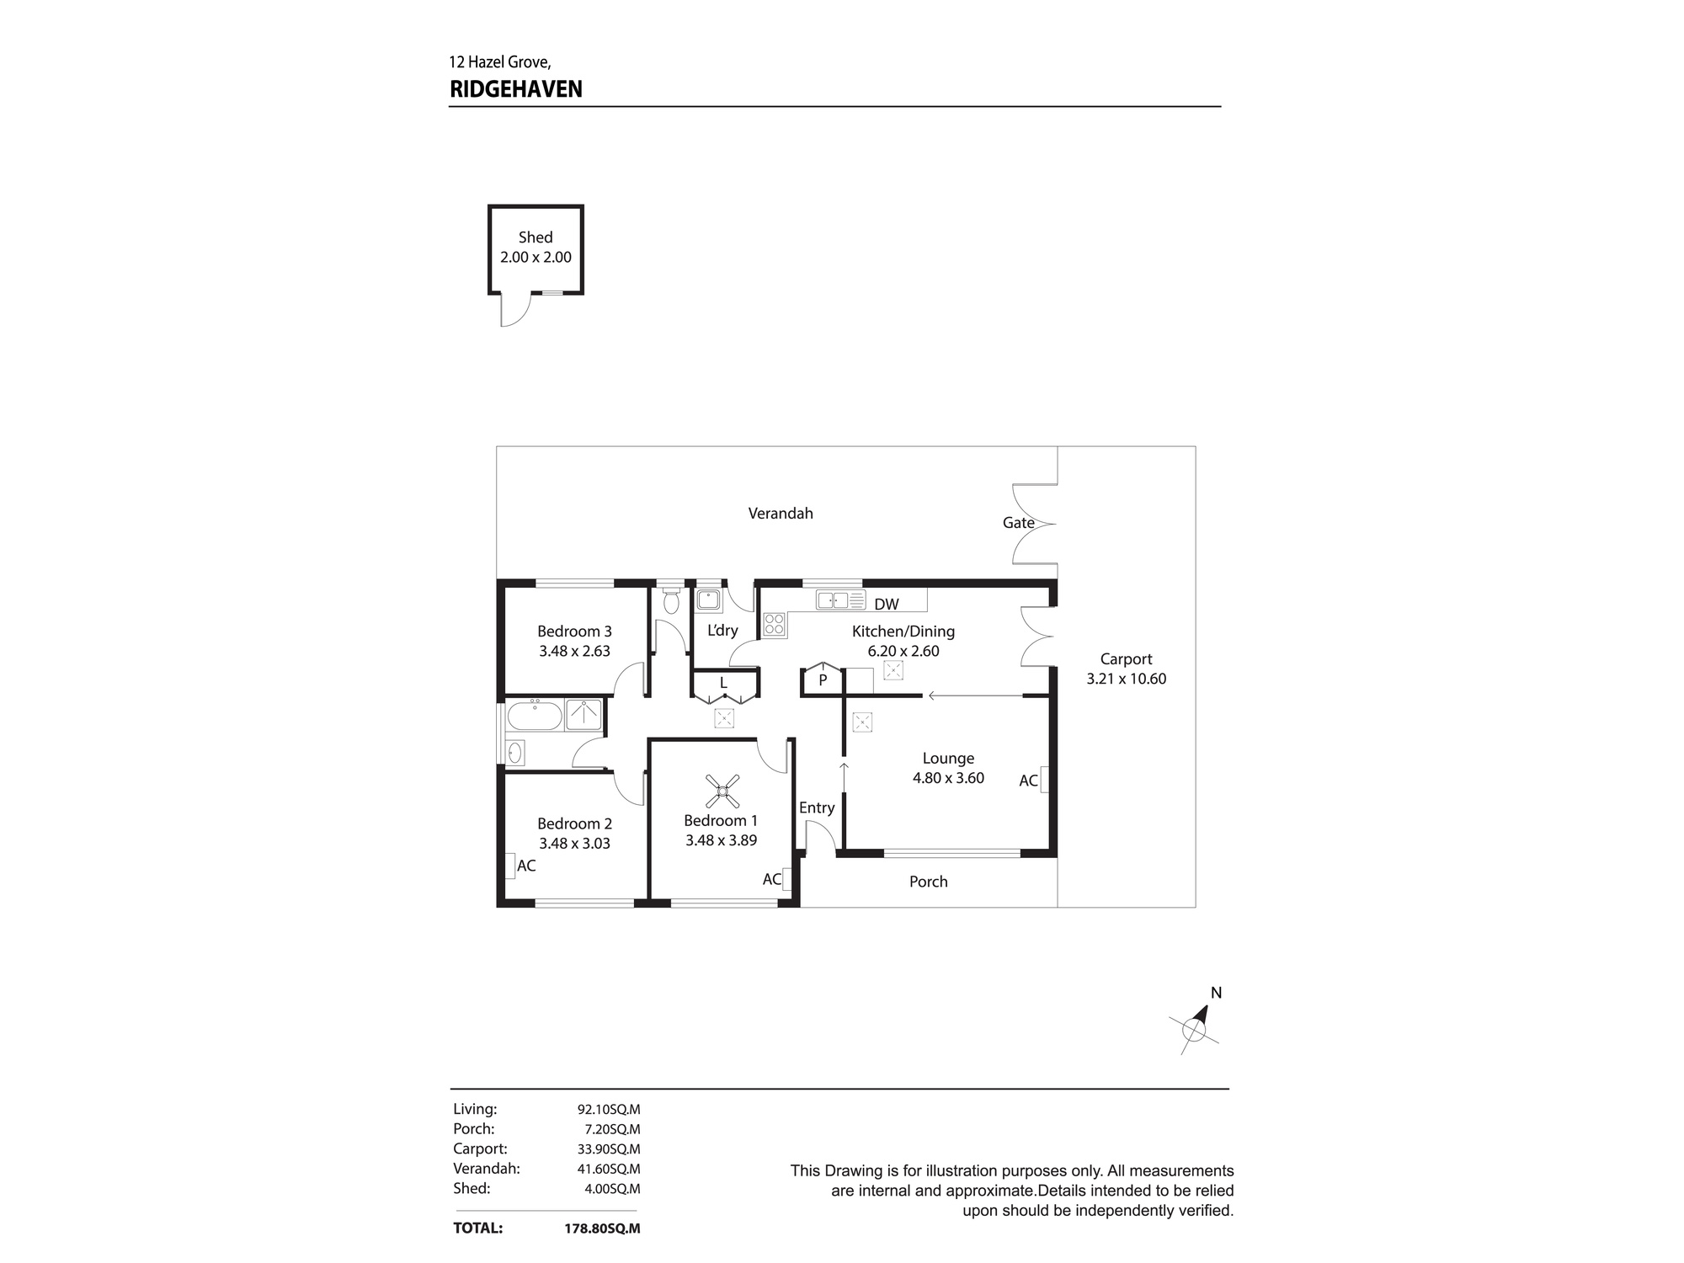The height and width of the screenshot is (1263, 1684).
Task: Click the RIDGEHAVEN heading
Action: (x=516, y=89)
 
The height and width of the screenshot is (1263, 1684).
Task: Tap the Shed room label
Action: (x=536, y=237)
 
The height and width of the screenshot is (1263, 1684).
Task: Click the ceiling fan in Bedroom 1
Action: (x=722, y=791)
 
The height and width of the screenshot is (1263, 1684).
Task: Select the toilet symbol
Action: (x=671, y=601)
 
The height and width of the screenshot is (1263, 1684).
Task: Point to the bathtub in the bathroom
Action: (x=534, y=716)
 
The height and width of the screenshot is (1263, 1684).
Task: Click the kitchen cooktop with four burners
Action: (x=775, y=625)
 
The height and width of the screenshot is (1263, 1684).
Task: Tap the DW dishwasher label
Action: (x=887, y=604)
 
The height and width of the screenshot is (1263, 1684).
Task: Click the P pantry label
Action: (x=823, y=680)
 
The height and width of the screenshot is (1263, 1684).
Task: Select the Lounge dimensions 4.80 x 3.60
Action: (x=948, y=778)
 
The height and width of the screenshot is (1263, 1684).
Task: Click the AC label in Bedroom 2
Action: (x=526, y=866)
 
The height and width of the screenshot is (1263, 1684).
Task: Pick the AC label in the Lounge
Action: (x=1028, y=781)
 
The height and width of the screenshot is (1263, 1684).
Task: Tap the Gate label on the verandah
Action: (x=1018, y=523)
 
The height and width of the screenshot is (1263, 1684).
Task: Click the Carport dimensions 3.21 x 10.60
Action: (x=1127, y=679)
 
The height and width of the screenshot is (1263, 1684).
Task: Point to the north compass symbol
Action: (x=1195, y=1026)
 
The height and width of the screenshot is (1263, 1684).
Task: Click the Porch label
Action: (x=929, y=882)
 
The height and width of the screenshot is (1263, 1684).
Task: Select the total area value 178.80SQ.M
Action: (x=602, y=1228)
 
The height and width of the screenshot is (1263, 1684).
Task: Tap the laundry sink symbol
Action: (x=709, y=600)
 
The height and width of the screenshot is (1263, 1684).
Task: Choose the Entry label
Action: (x=817, y=808)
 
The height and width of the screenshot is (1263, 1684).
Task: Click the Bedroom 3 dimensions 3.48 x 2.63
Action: (x=574, y=651)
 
